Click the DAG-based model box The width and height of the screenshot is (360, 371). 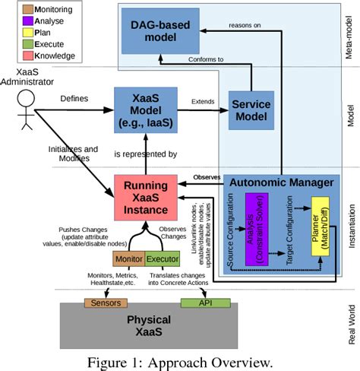[x=160, y=30]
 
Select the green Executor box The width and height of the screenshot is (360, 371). [x=163, y=258]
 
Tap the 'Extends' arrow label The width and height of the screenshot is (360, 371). [x=202, y=100]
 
